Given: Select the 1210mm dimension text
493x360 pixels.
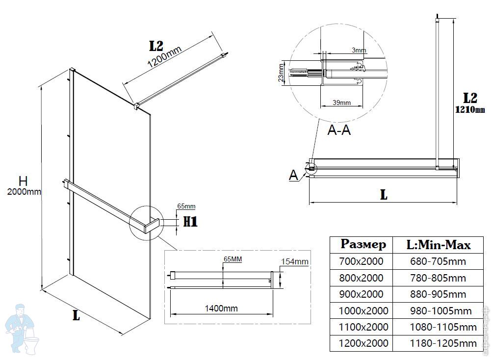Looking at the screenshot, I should pos(469,110).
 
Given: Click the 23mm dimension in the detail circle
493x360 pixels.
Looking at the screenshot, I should pos(281,72).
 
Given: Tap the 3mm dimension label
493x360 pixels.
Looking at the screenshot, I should pos(359,51).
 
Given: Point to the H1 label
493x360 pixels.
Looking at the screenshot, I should pos(190,222).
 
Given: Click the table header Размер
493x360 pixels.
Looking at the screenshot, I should pos(363,244).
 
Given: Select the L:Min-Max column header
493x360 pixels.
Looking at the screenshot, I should pos(439,244).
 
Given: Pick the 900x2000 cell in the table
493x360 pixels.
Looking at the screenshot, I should pos(361,294).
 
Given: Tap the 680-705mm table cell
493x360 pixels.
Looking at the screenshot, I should pos(438,262).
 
